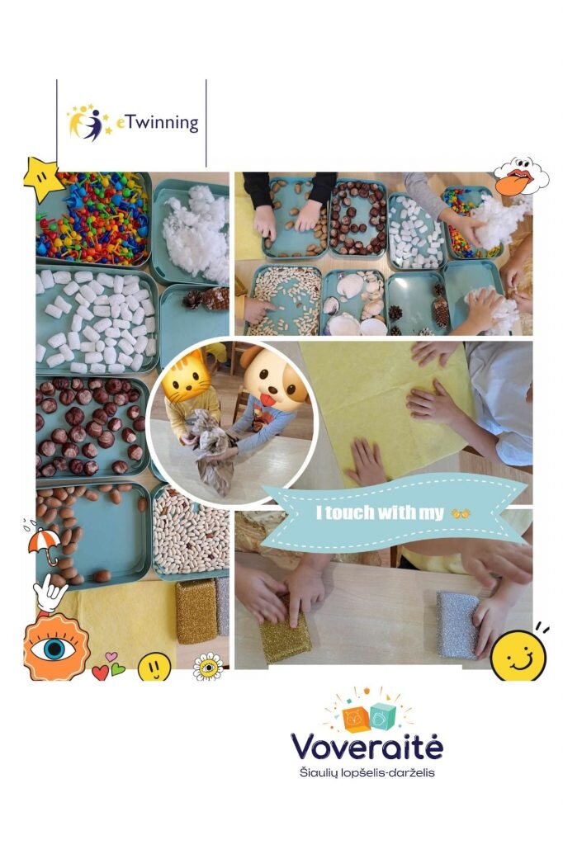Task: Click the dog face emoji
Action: point(271,374)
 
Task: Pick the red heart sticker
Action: point(101,672)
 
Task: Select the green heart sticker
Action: point(118,669)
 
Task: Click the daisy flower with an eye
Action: point(208,667)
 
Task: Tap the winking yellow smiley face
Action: point(518,654)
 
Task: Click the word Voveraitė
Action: point(367,746)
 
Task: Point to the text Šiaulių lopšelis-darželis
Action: point(367,772)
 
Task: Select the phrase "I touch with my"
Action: point(380,512)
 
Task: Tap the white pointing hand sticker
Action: point(50,592)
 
